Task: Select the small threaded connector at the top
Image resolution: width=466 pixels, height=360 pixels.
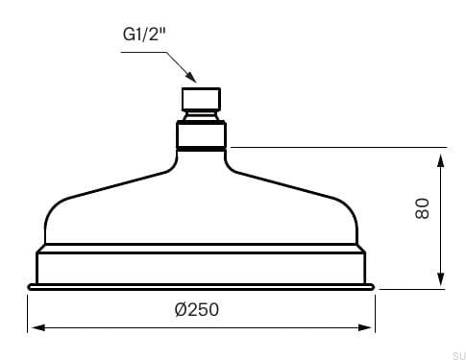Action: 201,100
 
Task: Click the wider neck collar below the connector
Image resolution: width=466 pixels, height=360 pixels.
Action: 201,132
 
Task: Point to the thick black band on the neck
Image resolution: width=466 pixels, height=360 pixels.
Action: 201,150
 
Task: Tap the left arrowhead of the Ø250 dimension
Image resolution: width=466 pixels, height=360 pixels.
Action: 34,327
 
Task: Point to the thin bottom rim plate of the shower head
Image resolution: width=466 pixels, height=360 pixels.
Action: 201,286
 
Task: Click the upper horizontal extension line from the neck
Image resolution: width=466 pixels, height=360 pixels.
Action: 336,148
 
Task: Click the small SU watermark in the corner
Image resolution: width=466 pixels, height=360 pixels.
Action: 455,352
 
